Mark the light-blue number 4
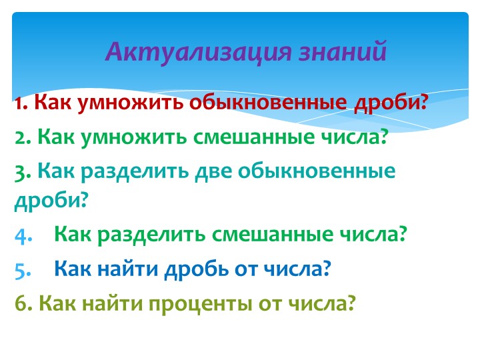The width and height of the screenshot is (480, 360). click(21, 235)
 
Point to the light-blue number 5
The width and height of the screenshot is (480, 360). click(21, 269)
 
